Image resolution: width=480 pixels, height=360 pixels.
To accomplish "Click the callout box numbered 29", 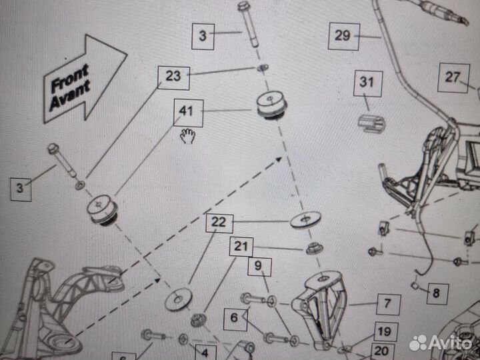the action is [x=344, y=37].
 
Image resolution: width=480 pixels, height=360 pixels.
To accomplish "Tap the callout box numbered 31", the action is [x=368, y=83].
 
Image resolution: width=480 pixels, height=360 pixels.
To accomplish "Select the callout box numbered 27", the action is [x=453, y=78].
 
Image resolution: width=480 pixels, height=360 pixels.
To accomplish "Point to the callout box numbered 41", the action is [x=188, y=113].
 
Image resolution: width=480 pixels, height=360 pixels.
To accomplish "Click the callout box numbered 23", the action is [x=173, y=78].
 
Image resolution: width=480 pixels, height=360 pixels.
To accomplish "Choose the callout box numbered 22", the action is [x=219, y=223].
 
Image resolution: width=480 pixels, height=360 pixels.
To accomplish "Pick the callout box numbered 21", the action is [x=241, y=247].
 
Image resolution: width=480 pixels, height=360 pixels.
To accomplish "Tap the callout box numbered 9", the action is [x=259, y=267].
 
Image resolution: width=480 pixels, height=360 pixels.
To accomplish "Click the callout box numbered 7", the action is [x=389, y=304].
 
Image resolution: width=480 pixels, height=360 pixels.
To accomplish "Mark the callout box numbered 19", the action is [x=386, y=332].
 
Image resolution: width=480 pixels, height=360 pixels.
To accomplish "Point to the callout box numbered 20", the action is [x=383, y=351].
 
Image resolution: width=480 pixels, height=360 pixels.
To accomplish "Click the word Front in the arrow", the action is [x=70, y=79].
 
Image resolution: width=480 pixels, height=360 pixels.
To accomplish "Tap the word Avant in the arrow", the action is [x=71, y=95].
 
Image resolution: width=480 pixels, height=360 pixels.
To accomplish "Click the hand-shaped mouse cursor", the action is [x=187, y=136].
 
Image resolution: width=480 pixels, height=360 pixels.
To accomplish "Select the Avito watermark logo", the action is [x=441, y=343].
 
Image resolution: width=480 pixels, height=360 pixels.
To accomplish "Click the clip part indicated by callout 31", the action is [x=371, y=123].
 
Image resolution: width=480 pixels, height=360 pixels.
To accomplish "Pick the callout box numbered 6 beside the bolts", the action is [x=235, y=319].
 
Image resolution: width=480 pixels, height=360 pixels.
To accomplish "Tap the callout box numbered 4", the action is [x=206, y=353].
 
